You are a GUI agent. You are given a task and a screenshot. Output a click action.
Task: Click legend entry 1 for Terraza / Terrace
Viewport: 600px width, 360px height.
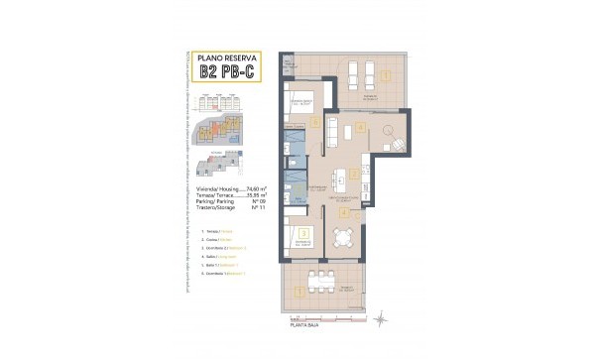click(217, 230)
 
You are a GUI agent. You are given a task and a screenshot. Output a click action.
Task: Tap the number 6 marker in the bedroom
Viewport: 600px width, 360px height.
click(314, 123)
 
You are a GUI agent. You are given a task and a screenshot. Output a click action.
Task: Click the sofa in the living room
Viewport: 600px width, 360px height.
click(334, 130)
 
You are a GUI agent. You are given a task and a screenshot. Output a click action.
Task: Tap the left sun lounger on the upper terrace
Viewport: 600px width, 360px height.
click(358, 75)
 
